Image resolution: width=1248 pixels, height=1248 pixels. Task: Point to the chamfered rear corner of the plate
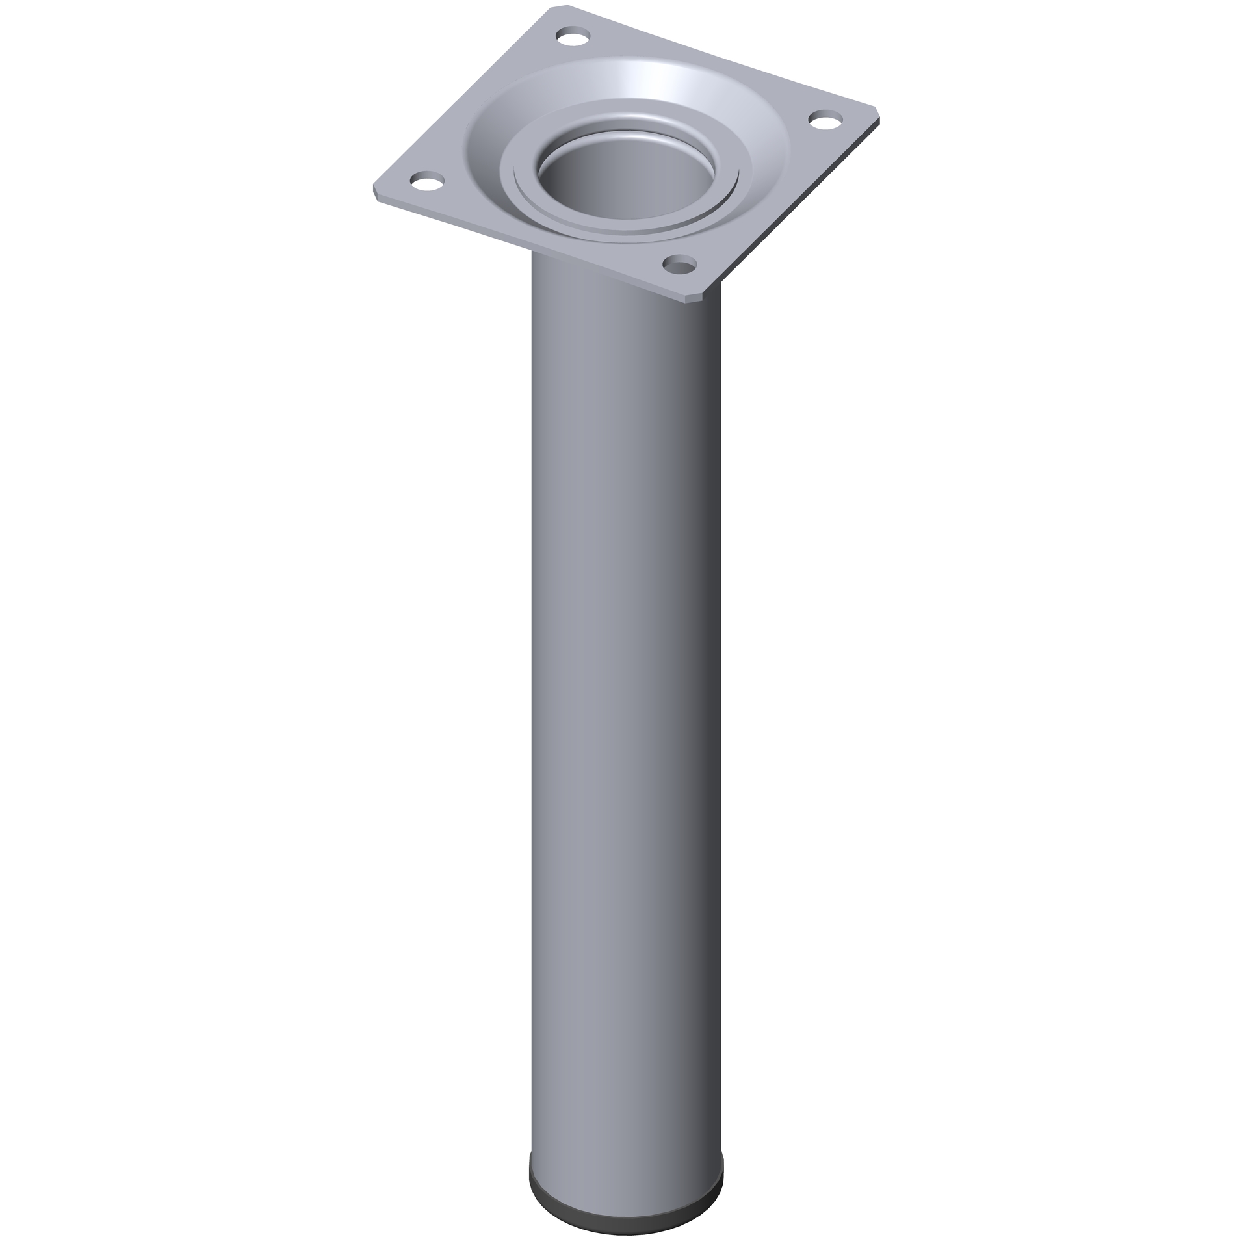[559, 8]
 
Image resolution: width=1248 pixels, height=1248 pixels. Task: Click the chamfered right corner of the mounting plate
[877, 114]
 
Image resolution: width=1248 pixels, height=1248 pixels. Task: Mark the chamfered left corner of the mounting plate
[376, 192]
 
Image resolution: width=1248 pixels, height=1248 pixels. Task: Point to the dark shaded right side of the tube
[705, 650]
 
